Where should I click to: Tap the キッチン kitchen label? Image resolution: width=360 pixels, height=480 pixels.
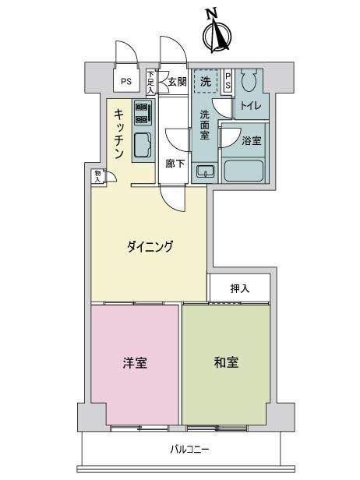point(119,134)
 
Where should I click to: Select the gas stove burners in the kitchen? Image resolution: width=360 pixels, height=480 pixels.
point(143,113)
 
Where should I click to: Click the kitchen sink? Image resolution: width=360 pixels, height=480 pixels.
point(143,145)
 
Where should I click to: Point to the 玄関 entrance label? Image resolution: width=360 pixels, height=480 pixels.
point(178,81)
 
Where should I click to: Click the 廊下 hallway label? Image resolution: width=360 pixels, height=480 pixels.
point(175,164)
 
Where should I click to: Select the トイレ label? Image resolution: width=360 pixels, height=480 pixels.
point(251,106)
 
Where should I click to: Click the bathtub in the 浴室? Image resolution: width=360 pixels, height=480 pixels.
point(244,170)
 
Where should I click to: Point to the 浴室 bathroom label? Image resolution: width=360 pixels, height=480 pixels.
point(252,141)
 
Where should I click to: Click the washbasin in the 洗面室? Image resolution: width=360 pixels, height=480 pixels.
point(206,171)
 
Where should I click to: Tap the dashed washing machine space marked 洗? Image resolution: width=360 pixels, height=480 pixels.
point(206,80)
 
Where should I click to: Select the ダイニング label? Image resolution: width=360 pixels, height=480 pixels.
point(150,246)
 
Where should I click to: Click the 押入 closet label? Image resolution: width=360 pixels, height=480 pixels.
point(240,288)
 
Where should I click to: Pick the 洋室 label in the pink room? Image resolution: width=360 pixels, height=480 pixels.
point(135,363)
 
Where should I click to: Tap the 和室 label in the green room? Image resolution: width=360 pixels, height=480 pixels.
point(226,362)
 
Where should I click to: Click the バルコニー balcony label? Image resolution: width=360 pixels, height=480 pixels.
point(190,450)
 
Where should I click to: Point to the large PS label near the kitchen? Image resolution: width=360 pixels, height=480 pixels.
point(126,81)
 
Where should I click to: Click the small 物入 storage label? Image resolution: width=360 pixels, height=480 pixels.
point(97,177)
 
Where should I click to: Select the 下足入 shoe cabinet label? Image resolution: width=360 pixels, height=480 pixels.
point(150,82)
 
